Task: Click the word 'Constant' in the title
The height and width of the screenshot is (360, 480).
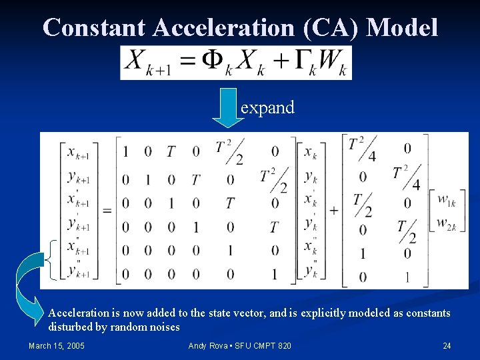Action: [94, 27]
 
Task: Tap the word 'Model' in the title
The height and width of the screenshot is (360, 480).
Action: [402, 27]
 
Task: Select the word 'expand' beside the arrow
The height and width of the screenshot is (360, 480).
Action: [267, 107]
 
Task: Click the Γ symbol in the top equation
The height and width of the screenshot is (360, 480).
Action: [304, 61]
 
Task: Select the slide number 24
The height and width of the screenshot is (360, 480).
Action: [447, 345]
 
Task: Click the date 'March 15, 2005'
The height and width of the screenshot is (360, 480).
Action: [56, 345]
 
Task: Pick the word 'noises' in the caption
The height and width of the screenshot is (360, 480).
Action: [163, 327]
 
